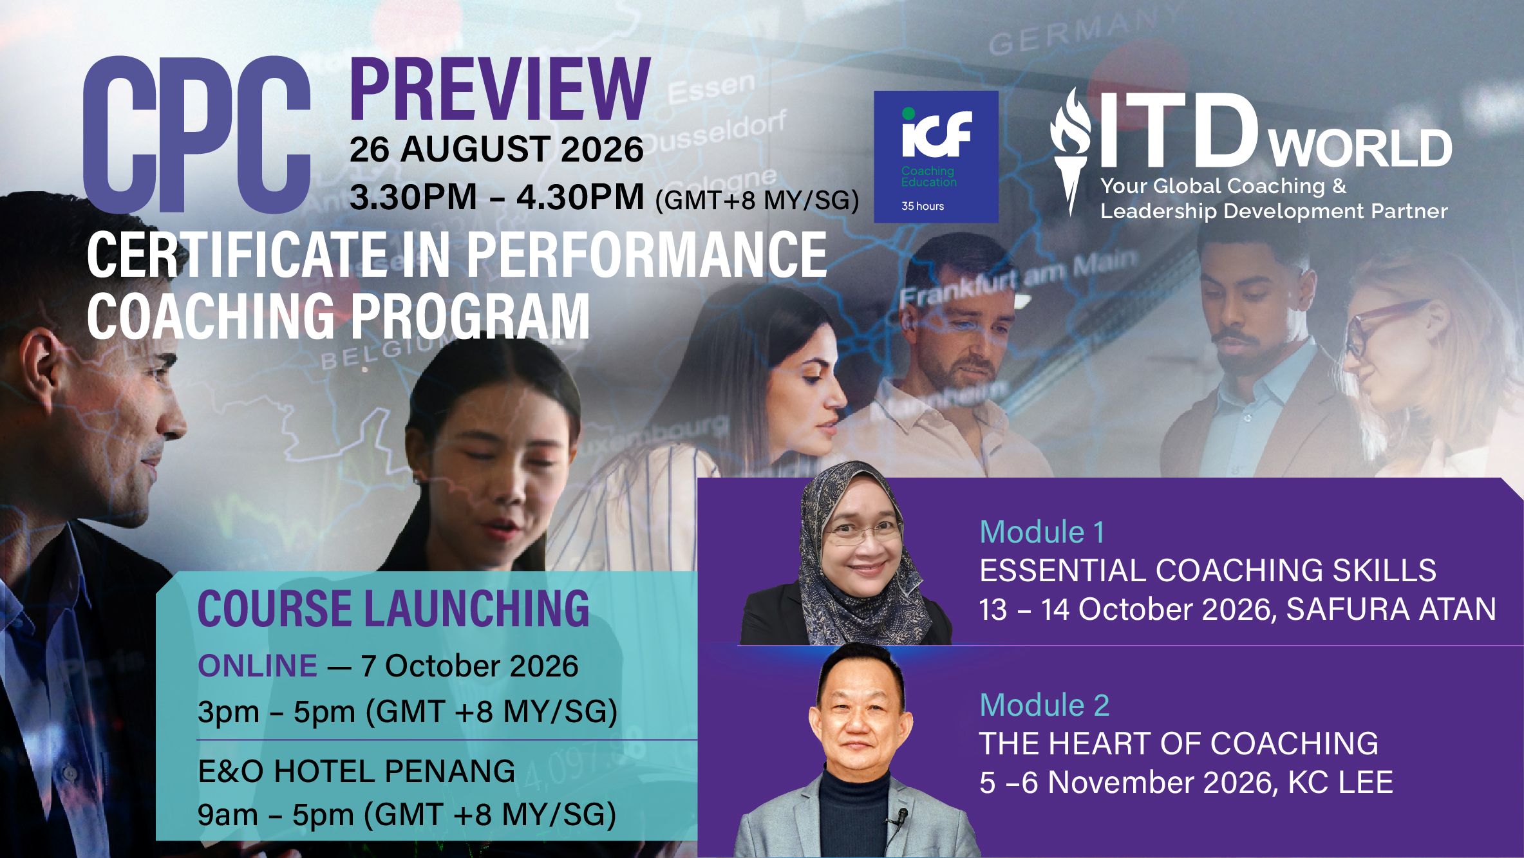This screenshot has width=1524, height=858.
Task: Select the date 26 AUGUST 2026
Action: (x=496, y=149)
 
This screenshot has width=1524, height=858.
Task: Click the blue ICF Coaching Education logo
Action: (x=936, y=156)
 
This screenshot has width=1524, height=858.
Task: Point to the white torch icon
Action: (x=1071, y=151)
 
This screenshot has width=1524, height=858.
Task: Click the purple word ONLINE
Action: (x=258, y=666)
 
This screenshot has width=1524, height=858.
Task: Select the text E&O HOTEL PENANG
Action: (x=357, y=771)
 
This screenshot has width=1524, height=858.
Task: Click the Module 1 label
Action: (x=1042, y=532)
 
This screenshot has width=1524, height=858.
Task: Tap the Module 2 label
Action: (x=1044, y=705)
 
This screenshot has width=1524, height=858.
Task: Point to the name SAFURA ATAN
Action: (x=1391, y=609)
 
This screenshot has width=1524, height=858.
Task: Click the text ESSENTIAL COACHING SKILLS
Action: (x=1208, y=570)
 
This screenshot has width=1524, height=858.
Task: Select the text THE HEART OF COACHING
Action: (x=1179, y=743)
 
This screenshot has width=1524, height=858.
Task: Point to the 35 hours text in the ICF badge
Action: (x=923, y=206)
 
